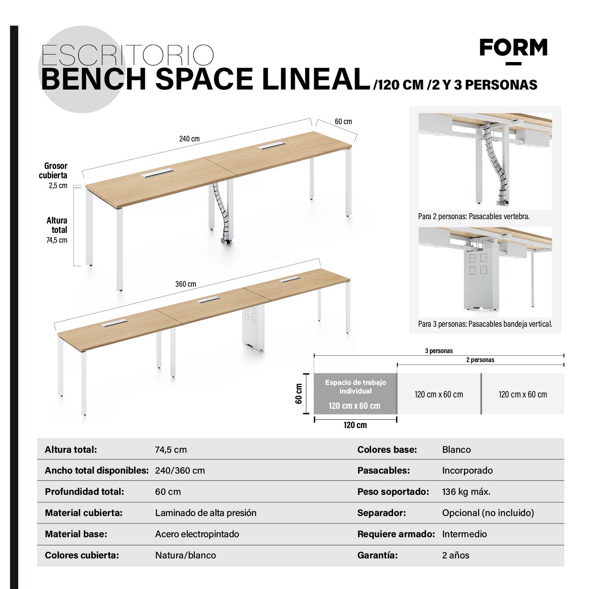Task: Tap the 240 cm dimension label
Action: click(189, 139)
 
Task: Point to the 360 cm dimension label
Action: click(185, 284)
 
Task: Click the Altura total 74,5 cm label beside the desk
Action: click(57, 230)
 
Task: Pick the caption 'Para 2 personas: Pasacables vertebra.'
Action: click(474, 216)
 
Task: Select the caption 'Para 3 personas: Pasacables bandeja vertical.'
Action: click(485, 324)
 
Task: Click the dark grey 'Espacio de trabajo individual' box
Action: click(355, 393)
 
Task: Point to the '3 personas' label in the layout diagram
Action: click(439, 351)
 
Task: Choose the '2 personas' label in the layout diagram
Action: click(480, 360)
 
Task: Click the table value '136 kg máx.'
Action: click(466, 492)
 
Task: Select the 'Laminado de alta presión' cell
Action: click(205, 513)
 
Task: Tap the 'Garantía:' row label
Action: click(377, 555)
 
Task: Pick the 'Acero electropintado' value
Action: click(197, 534)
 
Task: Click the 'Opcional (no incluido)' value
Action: click(488, 513)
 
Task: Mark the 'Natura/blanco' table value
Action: click(185, 555)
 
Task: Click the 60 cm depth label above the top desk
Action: click(343, 122)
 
